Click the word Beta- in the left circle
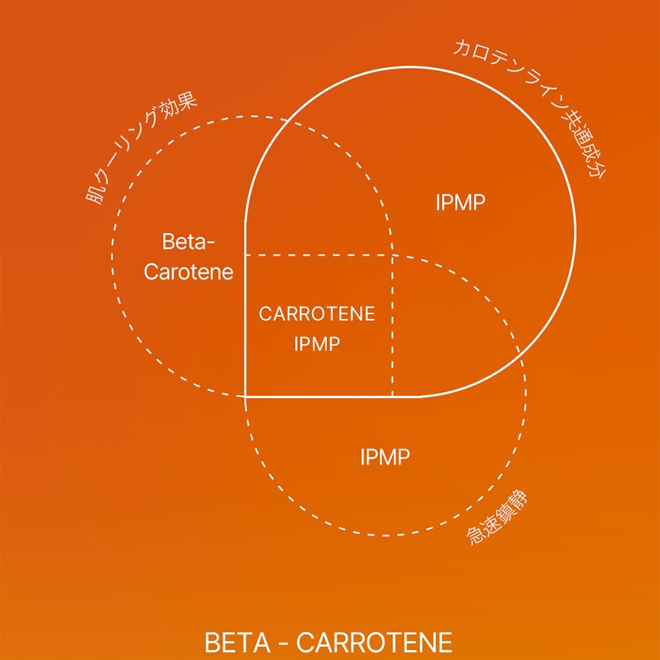point(189,242)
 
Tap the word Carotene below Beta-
point(189,272)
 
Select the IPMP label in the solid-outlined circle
point(460,203)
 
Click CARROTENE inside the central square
point(317,314)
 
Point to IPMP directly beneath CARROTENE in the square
point(317,344)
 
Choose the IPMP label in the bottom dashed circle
point(384,457)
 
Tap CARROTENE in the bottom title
point(375,643)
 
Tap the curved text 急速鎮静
point(498,519)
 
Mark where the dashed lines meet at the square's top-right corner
point(392,255)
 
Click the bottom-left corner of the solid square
point(245,397)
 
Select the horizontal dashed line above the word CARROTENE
point(318,255)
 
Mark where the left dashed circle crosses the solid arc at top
point(288,120)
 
